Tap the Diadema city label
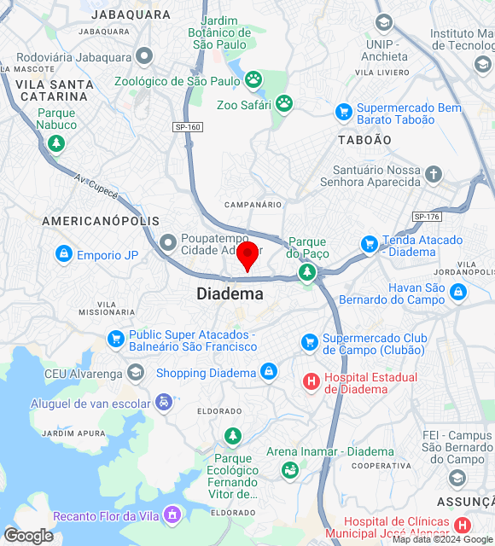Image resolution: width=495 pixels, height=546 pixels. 230,293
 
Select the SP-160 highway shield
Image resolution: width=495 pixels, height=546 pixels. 188,127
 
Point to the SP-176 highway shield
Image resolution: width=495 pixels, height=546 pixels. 426,217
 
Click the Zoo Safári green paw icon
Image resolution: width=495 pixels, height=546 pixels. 284,104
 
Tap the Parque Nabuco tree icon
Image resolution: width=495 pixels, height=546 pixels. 56,142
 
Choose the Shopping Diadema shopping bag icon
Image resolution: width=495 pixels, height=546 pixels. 269,373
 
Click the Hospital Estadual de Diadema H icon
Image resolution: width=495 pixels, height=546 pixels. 312,380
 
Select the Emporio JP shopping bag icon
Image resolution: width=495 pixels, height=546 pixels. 64,254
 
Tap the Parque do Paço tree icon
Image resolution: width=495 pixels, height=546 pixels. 306,272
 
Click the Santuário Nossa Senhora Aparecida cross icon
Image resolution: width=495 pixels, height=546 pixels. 434,176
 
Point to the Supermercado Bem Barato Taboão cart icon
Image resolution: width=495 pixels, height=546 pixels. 344,112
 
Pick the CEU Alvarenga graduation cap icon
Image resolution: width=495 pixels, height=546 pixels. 136,373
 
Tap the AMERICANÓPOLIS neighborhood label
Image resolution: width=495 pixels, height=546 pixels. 101,221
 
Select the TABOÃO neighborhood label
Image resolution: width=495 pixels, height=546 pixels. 364,139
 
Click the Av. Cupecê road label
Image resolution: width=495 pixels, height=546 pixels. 94,183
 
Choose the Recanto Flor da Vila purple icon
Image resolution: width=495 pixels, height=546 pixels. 173,514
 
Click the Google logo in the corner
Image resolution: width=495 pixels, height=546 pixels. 27,536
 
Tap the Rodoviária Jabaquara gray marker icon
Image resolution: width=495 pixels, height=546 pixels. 144,56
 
